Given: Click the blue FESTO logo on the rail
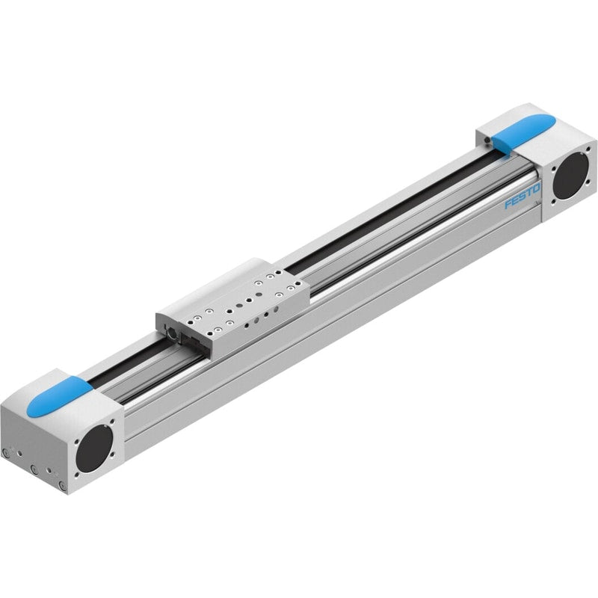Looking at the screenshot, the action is (x=523, y=196).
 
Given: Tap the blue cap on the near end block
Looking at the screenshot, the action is (x=60, y=396).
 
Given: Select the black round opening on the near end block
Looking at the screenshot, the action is (x=94, y=449).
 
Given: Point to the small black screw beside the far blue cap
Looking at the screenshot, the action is (x=487, y=141).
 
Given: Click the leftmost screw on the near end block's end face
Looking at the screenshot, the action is (x=5, y=453).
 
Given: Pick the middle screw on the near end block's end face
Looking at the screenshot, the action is (x=34, y=469).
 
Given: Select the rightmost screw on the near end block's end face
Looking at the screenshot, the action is (x=62, y=485).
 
